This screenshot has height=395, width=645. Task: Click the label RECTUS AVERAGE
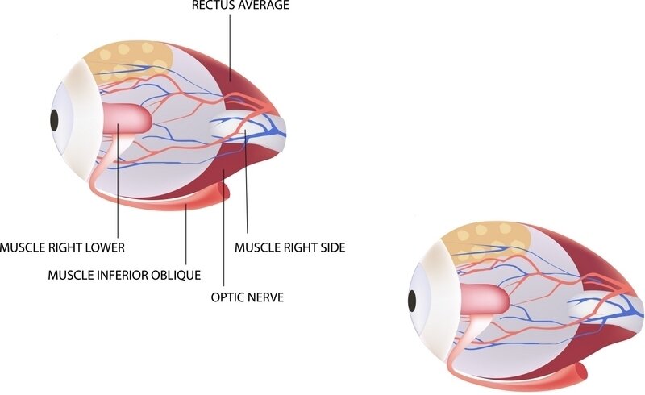pos(241,6)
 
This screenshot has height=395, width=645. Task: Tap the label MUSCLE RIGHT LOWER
pos(62,247)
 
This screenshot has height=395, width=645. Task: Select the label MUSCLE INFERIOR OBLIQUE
pos(124,275)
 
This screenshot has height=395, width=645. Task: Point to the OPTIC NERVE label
pos(248,297)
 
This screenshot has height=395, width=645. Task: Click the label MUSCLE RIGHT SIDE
pos(289,247)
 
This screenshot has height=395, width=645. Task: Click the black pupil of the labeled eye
pos(54,120)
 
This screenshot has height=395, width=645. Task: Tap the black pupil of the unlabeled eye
pos(412,301)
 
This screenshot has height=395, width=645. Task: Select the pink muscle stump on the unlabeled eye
pos(484,301)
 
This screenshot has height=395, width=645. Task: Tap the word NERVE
pos(266,297)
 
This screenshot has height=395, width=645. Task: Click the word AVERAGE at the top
pos(263,6)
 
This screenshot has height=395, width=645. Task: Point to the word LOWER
pos(105,247)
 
